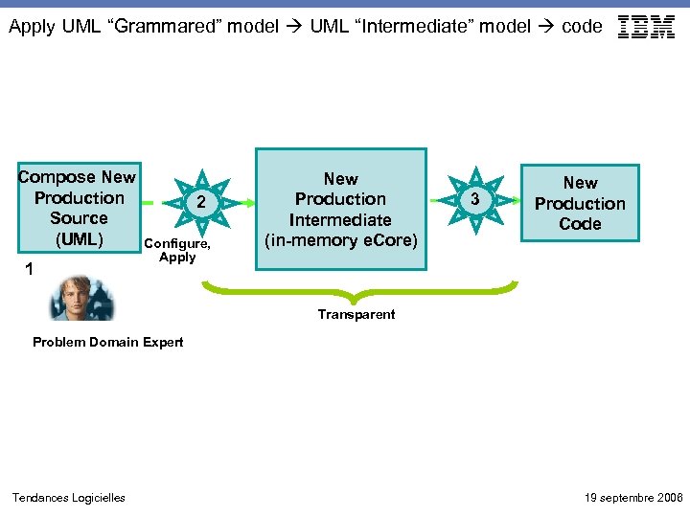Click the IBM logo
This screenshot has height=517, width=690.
click(647, 27)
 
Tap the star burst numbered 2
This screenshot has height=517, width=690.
click(200, 203)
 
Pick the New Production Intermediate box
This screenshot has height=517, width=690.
click(340, 209)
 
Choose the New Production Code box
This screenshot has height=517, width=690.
click(580, 203)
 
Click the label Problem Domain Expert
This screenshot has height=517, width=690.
click(107, 343)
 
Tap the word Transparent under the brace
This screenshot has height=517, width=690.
click(356, 315)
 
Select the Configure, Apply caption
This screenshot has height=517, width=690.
click(177, 251)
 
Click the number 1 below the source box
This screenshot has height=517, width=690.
click(30, 271)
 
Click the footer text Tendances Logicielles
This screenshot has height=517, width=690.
click(68, 497)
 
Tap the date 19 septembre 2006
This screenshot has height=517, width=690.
click(633, 497)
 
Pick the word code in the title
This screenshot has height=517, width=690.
click(582, 27)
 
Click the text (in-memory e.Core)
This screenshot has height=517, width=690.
click(340, 240)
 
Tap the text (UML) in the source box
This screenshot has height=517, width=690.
click(79, 238)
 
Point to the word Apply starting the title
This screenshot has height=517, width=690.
click(32, 27)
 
